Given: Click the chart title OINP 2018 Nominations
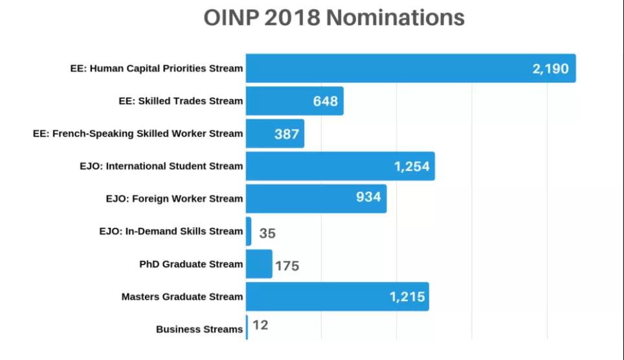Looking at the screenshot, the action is (334, 18).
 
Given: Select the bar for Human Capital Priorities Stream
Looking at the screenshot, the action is (410, 68).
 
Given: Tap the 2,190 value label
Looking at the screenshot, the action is (550, 69).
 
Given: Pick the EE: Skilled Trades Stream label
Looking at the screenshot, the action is (181, 101).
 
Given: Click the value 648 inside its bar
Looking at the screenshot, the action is (325, 101).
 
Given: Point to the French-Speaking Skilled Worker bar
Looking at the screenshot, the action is (275, 133).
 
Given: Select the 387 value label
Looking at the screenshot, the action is (287, 134).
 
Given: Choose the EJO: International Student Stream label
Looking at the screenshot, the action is (161, 166).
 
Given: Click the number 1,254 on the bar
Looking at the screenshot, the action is (412, 166).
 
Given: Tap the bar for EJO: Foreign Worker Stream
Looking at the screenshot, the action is (317, 198).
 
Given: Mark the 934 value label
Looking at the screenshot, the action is (368, 197).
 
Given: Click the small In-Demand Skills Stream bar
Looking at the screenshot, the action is (249, 231).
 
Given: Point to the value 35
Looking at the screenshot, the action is (267, 233).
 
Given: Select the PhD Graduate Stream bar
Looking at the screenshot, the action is (259, 264).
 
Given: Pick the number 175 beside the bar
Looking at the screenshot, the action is (287, 266).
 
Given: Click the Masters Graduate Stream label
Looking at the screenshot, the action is (183, 297).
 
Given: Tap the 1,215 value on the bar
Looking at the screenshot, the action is (407, 297).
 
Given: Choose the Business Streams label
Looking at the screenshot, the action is (199, 330).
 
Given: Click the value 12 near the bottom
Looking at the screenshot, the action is (261, 325).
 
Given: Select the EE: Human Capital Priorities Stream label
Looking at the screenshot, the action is (157, 69).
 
